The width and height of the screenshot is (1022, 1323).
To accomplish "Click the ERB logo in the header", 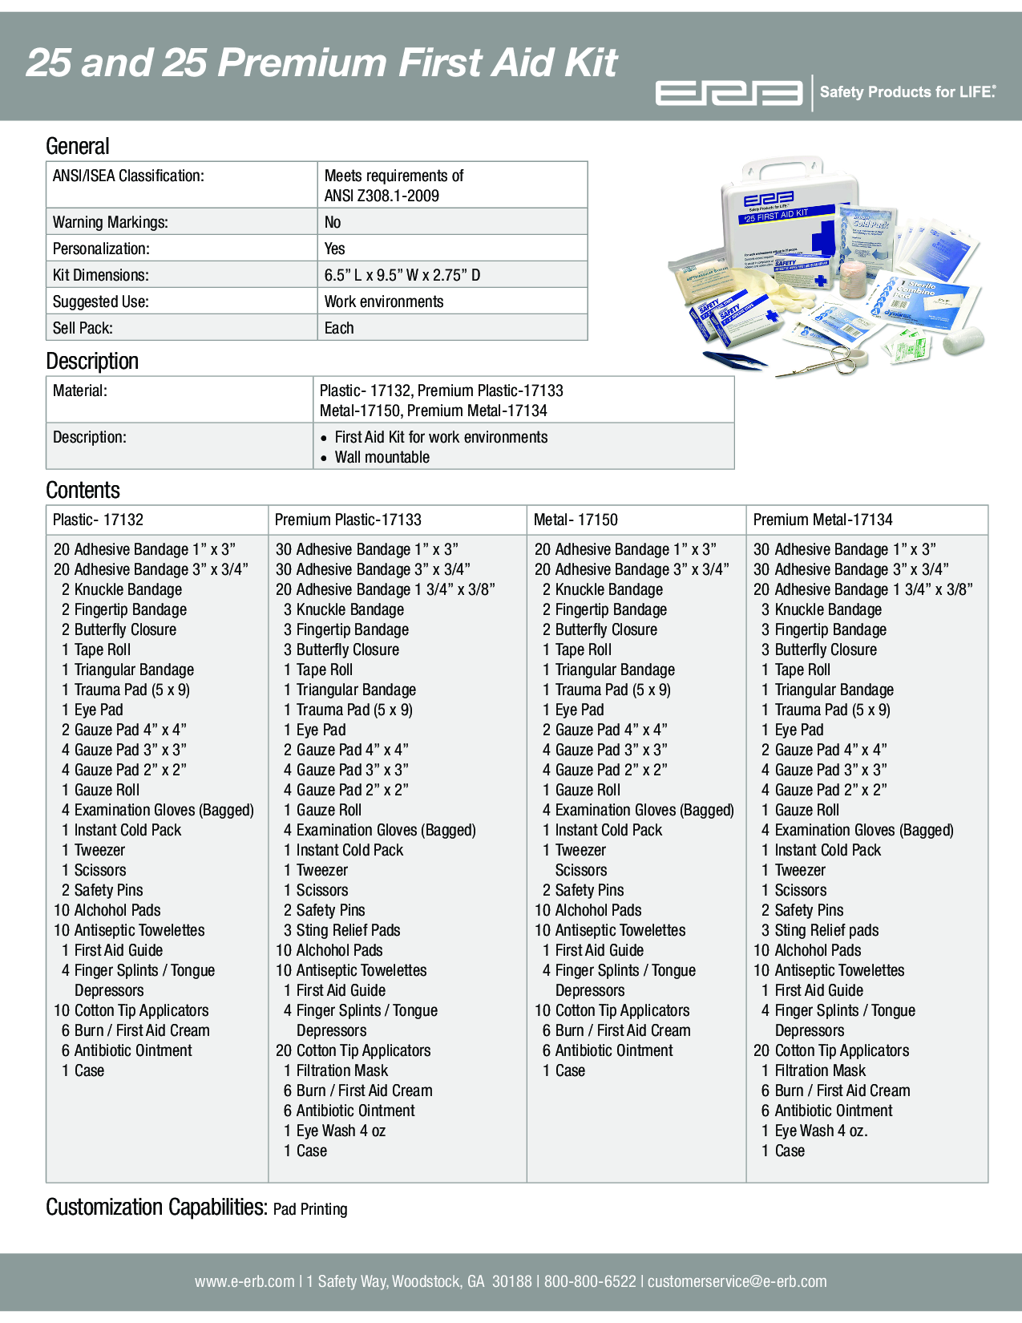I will tap(729, 93).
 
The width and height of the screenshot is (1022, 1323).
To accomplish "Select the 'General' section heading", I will tap(78, 146).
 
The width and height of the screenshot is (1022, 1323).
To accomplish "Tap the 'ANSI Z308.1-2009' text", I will tap(382, 196).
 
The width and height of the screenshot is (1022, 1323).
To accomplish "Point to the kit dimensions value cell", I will tap(402, 275).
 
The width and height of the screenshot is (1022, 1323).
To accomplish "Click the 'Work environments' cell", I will tap(384, 301).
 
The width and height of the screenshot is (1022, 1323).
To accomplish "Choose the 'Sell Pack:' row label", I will tap(83, 328).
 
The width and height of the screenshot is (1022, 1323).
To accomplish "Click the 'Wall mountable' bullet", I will tap(382, 457).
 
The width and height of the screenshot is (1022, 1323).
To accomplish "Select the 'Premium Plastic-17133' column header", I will tap(348, 520).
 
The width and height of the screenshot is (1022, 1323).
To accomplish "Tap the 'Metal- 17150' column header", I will tap(576, 520).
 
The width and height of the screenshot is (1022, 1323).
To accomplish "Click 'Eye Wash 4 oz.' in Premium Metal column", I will tap(821, 1131).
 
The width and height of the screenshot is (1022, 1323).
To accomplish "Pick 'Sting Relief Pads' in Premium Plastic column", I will tap(348, 930).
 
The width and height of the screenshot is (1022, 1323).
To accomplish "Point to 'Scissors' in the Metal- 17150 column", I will tap(581, 870).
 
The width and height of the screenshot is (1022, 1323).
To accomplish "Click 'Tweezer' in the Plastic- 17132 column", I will tap(99, 850).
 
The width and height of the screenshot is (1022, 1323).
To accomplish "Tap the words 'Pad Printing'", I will tap(310, 1209).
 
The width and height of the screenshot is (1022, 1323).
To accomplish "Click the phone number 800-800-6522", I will tap(590, 1281).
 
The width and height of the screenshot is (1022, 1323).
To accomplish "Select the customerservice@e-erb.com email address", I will tap(737, 1281).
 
